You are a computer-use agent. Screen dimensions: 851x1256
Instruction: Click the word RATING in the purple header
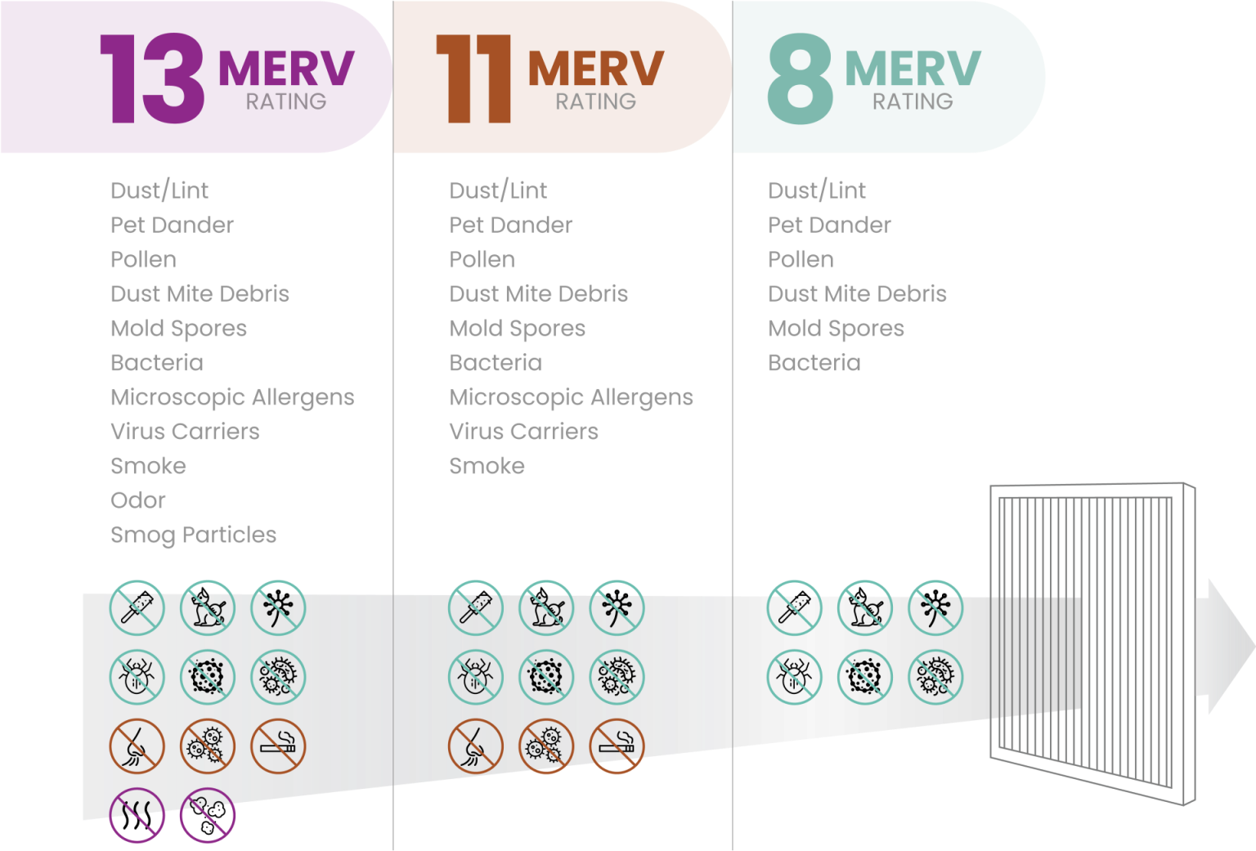[286, 101]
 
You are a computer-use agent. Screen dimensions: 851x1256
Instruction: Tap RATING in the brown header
[595, 101]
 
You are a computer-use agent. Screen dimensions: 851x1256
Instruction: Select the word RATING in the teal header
[913, 101]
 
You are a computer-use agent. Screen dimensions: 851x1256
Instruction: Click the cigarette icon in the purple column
[278, 746]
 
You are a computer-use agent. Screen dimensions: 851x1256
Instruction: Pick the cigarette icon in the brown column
[617, 746]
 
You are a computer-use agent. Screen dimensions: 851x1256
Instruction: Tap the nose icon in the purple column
[137, 746]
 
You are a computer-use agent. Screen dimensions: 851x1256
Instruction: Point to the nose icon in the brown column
[475, 746]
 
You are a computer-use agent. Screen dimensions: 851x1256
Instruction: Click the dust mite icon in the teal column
[794, 677]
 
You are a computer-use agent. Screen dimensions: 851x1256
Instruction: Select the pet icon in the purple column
[208, 608]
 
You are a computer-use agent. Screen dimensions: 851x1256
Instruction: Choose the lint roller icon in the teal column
[794, 608]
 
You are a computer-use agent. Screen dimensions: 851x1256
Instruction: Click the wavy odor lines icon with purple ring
[137, 814]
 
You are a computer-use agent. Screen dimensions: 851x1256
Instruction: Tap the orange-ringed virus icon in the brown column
[546, 746]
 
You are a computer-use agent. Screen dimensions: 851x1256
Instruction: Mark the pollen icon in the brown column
[617, 608]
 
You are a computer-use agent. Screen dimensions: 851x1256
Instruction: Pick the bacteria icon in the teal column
[935, 677]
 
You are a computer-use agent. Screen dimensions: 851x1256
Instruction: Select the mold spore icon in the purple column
[208, 677]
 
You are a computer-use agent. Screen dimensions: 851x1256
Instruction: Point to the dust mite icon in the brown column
[475, 677]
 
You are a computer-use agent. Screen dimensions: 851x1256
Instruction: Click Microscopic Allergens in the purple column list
[232, 397]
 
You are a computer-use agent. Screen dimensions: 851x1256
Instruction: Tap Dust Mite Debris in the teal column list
[859, 293]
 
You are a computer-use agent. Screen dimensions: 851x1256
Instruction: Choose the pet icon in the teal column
[864, 608]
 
